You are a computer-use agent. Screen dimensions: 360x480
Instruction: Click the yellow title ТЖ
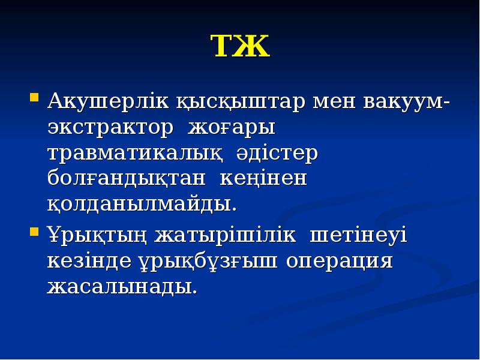click(240, 47)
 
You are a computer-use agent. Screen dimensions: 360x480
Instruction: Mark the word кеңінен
click(264, 179)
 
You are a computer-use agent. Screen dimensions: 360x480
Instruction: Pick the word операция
click(339, 262)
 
